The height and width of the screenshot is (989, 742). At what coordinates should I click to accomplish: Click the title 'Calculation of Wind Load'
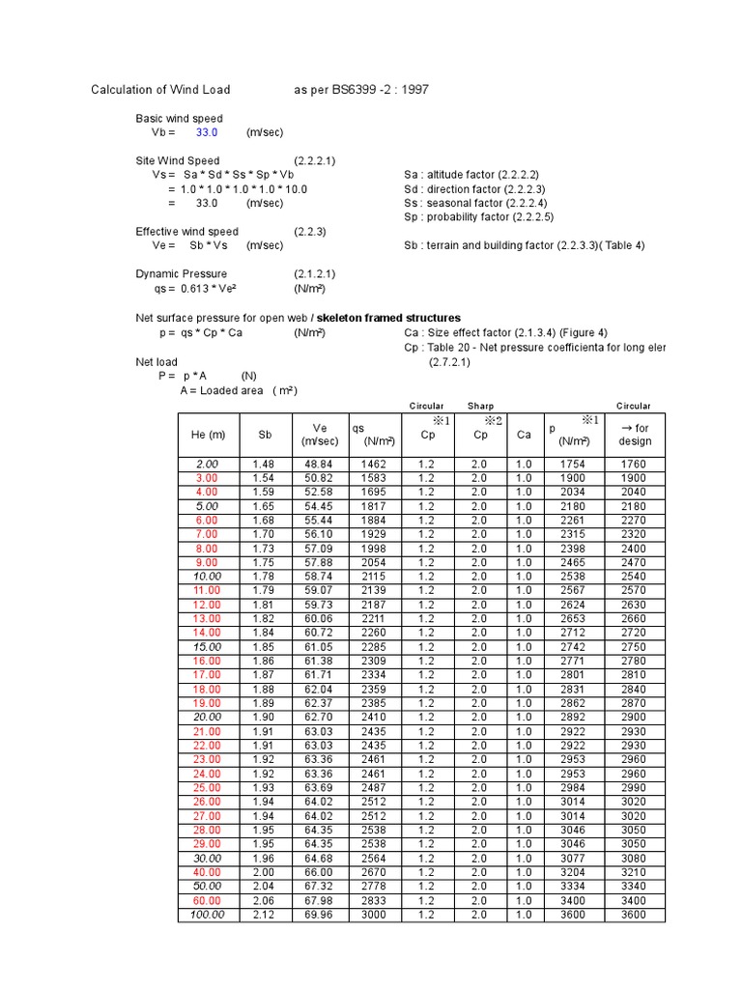160,90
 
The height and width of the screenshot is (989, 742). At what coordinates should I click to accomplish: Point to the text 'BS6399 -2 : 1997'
378,90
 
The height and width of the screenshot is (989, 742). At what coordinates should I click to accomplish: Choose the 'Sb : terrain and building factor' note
524,245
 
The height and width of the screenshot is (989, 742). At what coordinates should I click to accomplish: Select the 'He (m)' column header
208,435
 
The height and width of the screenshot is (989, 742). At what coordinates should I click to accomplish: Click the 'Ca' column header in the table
524,435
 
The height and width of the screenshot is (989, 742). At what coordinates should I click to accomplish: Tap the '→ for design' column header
635,435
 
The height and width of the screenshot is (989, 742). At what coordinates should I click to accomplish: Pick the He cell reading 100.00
208,915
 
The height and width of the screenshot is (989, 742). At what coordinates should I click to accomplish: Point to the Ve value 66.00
320,872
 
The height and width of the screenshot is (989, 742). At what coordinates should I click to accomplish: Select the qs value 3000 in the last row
373,915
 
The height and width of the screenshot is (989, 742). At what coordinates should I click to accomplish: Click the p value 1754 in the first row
573,464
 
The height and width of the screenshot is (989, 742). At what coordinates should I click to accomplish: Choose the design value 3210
635,872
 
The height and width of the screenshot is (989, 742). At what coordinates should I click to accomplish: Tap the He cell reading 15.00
208,646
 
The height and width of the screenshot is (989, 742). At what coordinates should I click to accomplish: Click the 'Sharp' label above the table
480,406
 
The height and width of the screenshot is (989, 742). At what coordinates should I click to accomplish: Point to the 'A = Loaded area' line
239,390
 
